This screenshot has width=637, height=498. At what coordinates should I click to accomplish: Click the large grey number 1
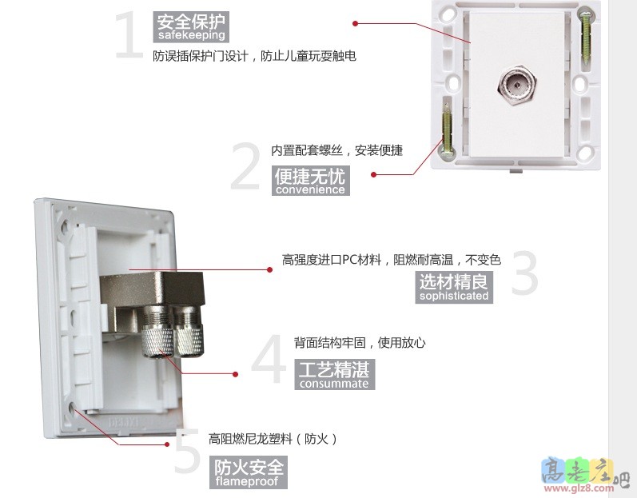[x=129, y=35]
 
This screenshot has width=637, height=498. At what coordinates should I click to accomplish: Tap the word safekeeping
[x=191, y=35]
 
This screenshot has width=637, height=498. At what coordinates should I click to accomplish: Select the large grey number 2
[x=245, y=166]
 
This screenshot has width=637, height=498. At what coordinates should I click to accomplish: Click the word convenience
[x=310, y=189]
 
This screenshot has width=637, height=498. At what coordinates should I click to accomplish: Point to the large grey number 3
[x=524, y=273]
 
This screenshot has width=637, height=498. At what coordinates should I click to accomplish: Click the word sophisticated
[x=454, y=296]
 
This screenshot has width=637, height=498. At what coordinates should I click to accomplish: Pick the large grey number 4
[x=269, y=359]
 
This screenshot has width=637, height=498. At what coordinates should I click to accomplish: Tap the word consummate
[x=334, y=384]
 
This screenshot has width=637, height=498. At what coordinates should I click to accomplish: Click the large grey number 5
[x=187, y=451]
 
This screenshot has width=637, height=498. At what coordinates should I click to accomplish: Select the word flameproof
[x=247, y=482]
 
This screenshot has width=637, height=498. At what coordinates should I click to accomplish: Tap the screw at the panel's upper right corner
[x=585, y=38]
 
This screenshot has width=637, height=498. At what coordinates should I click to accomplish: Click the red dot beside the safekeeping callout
[x=355, y=23]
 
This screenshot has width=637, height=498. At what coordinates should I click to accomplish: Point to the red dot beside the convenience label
[x=373, y=175]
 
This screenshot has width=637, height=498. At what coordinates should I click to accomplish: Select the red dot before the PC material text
[x=270, y=269]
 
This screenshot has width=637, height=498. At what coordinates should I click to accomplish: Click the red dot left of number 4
[x=235, y=374]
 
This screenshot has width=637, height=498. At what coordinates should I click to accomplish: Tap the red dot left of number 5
[x=166, y=444]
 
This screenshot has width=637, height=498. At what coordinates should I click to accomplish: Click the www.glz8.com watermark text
[x=579, y=488]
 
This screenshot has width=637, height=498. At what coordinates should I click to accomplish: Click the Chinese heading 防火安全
[x=249, y=467]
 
